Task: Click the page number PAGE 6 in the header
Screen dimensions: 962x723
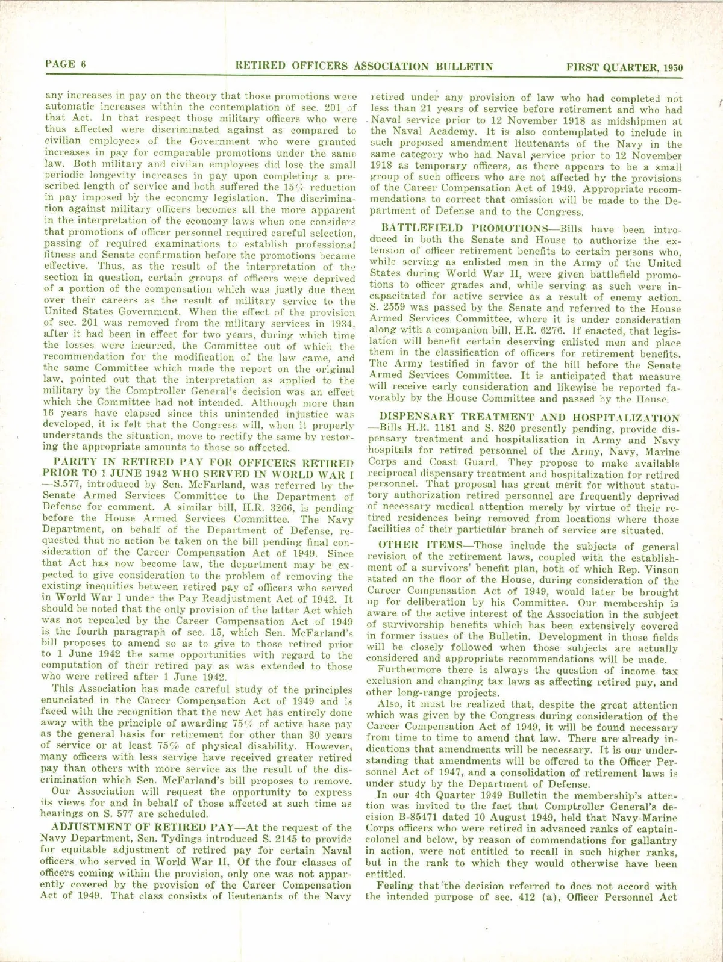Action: (x=64, y=65)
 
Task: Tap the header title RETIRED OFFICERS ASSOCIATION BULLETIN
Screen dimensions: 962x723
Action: (x=365, y=66)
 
